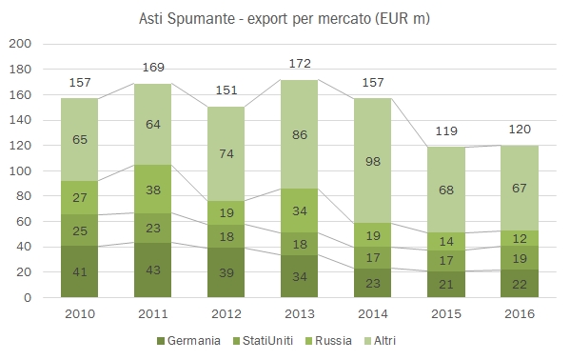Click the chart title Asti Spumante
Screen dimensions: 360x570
tap(285, 18)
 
